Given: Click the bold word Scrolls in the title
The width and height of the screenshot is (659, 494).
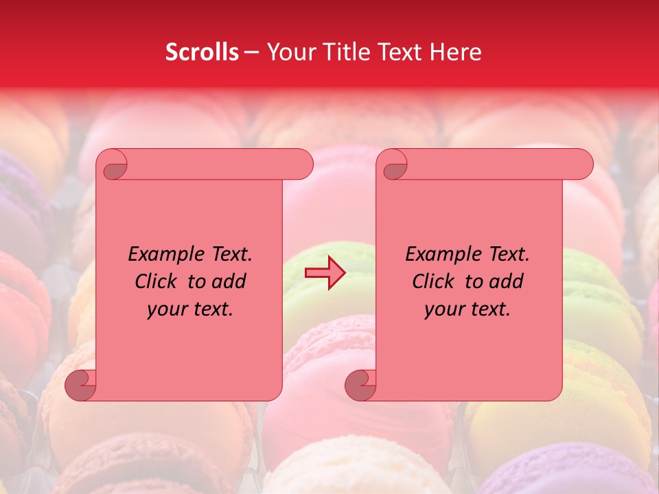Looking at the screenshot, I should point(202,52).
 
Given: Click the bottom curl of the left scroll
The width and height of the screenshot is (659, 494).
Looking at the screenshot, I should point(81,386).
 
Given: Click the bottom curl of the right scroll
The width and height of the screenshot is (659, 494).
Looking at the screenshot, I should point(361,386).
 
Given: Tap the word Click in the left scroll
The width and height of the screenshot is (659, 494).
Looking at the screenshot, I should point(157,282).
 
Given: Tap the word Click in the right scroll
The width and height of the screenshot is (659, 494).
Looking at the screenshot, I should point(435,282).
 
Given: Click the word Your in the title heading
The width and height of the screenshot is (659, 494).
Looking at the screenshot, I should point(293,52).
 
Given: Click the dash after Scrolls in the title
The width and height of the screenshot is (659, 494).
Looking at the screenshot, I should point(252,53).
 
